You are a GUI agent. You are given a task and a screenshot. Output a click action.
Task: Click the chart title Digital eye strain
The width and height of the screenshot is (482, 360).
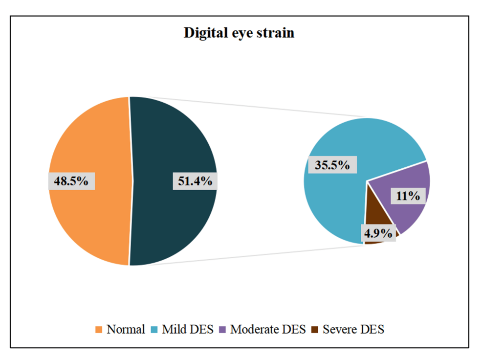pyautogui.click(x=239, y=33)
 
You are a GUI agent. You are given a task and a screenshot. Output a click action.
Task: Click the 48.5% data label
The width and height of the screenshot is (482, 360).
pyautogui.click(x=71, y=181)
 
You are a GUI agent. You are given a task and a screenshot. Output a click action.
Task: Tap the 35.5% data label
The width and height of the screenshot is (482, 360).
pyautogui.click(x=332, y=165)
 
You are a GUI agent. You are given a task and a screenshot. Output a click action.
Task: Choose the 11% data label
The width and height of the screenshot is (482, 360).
pyautogui.click(x=408, y=196)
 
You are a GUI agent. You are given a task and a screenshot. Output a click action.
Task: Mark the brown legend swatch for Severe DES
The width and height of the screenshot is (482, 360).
pyautogui.click(x=314, y=330)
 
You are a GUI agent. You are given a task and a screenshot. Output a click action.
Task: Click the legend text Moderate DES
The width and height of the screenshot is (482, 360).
pyautogui.click(x=267, y=329)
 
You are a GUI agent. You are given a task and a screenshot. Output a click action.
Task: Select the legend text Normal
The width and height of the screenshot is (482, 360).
pyautogui.click(x=126, y=329)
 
